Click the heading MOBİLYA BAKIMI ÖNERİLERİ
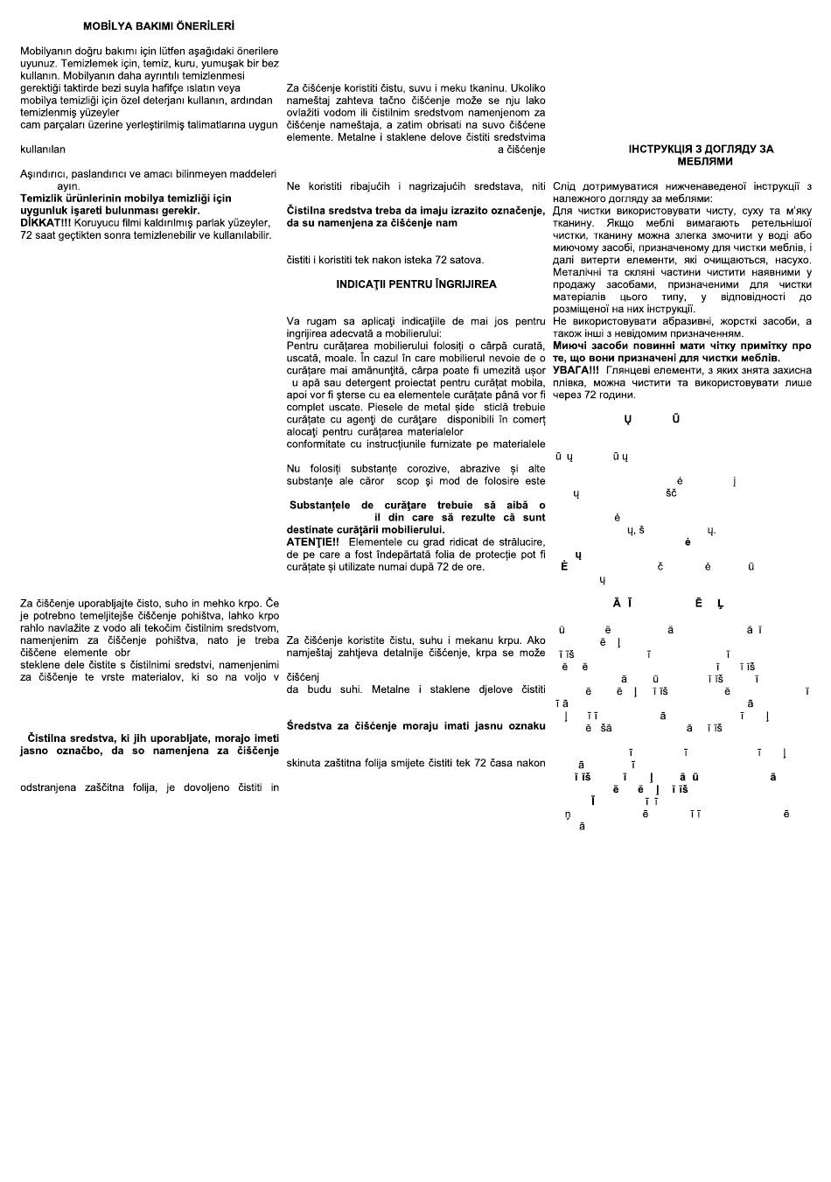click(158, 26)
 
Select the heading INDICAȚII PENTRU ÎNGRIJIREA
click(416, 284)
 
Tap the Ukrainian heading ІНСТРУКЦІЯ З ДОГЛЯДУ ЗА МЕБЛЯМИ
click(701, 156)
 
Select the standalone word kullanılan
click(43, 150)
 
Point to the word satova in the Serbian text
click(465, 260)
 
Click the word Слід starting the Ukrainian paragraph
click(564, 186)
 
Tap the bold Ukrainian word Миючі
click(572, 346)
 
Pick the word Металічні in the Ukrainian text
click(578, 272)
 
